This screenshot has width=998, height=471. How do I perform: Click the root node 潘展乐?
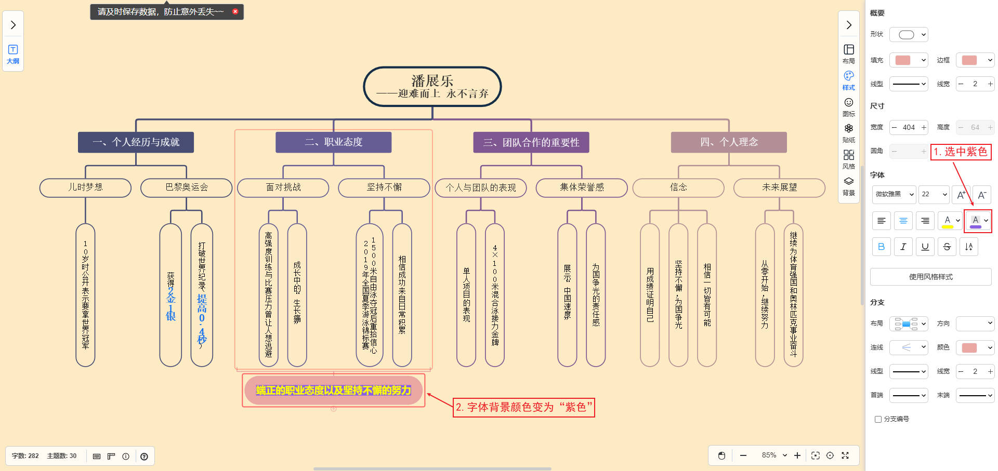click(432, 86)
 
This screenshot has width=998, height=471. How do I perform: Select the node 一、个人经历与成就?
click(136, 142)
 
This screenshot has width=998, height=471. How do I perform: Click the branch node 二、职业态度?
click(333, 142)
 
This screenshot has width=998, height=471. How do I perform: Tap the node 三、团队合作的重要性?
click(531, 142)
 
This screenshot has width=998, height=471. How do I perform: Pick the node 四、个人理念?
click(729, 142)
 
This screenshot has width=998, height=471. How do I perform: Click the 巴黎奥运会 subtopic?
click(186, 187)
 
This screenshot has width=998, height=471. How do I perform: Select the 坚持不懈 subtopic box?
click(384, 187)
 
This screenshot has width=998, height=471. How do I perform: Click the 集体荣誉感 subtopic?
click(581, 187)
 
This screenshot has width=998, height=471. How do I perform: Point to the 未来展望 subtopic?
click(779, 187)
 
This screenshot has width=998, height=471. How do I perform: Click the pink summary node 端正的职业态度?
click(333, 391)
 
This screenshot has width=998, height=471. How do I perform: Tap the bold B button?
click(881, 247)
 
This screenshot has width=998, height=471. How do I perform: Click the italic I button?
click(903, 247)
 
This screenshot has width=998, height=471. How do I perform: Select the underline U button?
click(925, 247)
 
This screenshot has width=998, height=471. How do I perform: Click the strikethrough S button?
click(947, 247)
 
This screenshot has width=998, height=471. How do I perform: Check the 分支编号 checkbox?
click(878, 419)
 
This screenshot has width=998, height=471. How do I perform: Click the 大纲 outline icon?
click(13, 53)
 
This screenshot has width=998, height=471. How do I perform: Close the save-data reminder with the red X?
click(235, 11)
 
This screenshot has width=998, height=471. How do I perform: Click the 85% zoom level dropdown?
click(774, 455)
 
